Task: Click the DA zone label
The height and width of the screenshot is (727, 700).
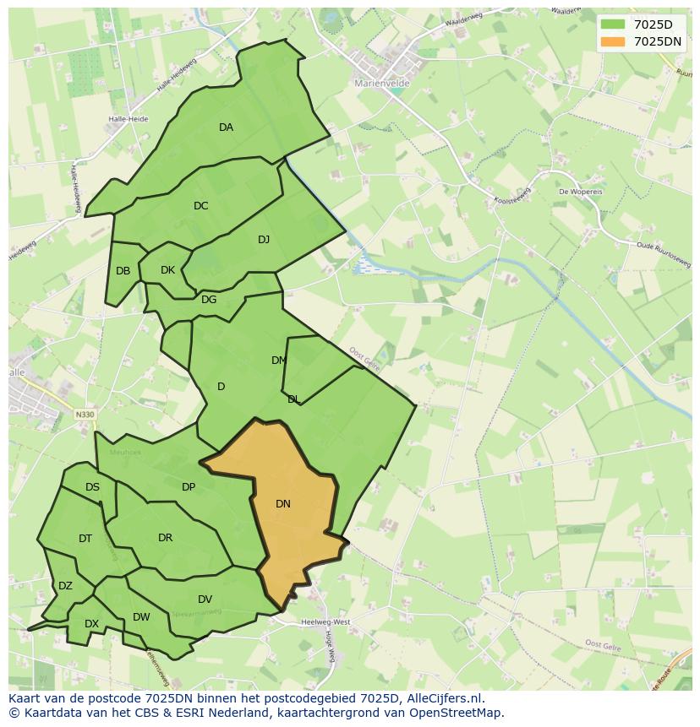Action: pyautogui.click(x=226, y=127)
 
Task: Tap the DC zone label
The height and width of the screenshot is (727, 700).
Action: pyautogui.click(x=200, y=206)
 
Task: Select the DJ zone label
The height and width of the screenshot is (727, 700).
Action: pyautogui.click(x=264, y=240)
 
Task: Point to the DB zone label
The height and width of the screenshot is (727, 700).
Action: pyautogui.click(x=123, y=271)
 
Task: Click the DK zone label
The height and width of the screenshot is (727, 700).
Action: pyautogui.click(x=167, y=270)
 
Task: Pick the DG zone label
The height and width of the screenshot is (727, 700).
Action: pyautogui.click(x=209, y=300)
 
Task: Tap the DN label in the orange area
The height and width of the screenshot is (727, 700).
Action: pyautogui.click(x=283, y=504)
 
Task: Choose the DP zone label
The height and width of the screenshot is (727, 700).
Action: pyautogui.click(x=189, y=487)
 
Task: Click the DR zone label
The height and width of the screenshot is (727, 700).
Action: pyautogui.click(x=165, y=538)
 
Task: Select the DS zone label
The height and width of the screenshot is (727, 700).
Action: pyautogui.click(x=92, y=487)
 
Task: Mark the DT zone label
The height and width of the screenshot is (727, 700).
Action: pyautogui.click(x=85, y=539)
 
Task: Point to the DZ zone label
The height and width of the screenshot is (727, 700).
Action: pyautogui.click(x=65, y=586)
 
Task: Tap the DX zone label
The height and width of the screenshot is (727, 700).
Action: pyautogui.click(x=91, y=624)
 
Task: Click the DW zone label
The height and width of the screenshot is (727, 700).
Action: pyautogui.click(x=141, y=617)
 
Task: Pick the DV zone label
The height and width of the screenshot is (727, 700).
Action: pyautogui.click(x=205, y=600)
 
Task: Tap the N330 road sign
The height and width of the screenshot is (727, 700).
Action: pyautogui.click(x=85, y=415)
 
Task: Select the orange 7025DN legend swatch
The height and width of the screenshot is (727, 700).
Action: pyautogui.click(x=613, y=41)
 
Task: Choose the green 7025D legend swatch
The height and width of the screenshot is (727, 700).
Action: pyautogui.click(x=613, y=24)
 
